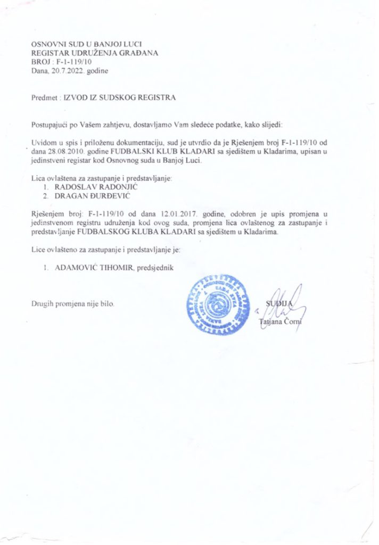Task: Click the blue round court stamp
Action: click(x=216, y=304)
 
